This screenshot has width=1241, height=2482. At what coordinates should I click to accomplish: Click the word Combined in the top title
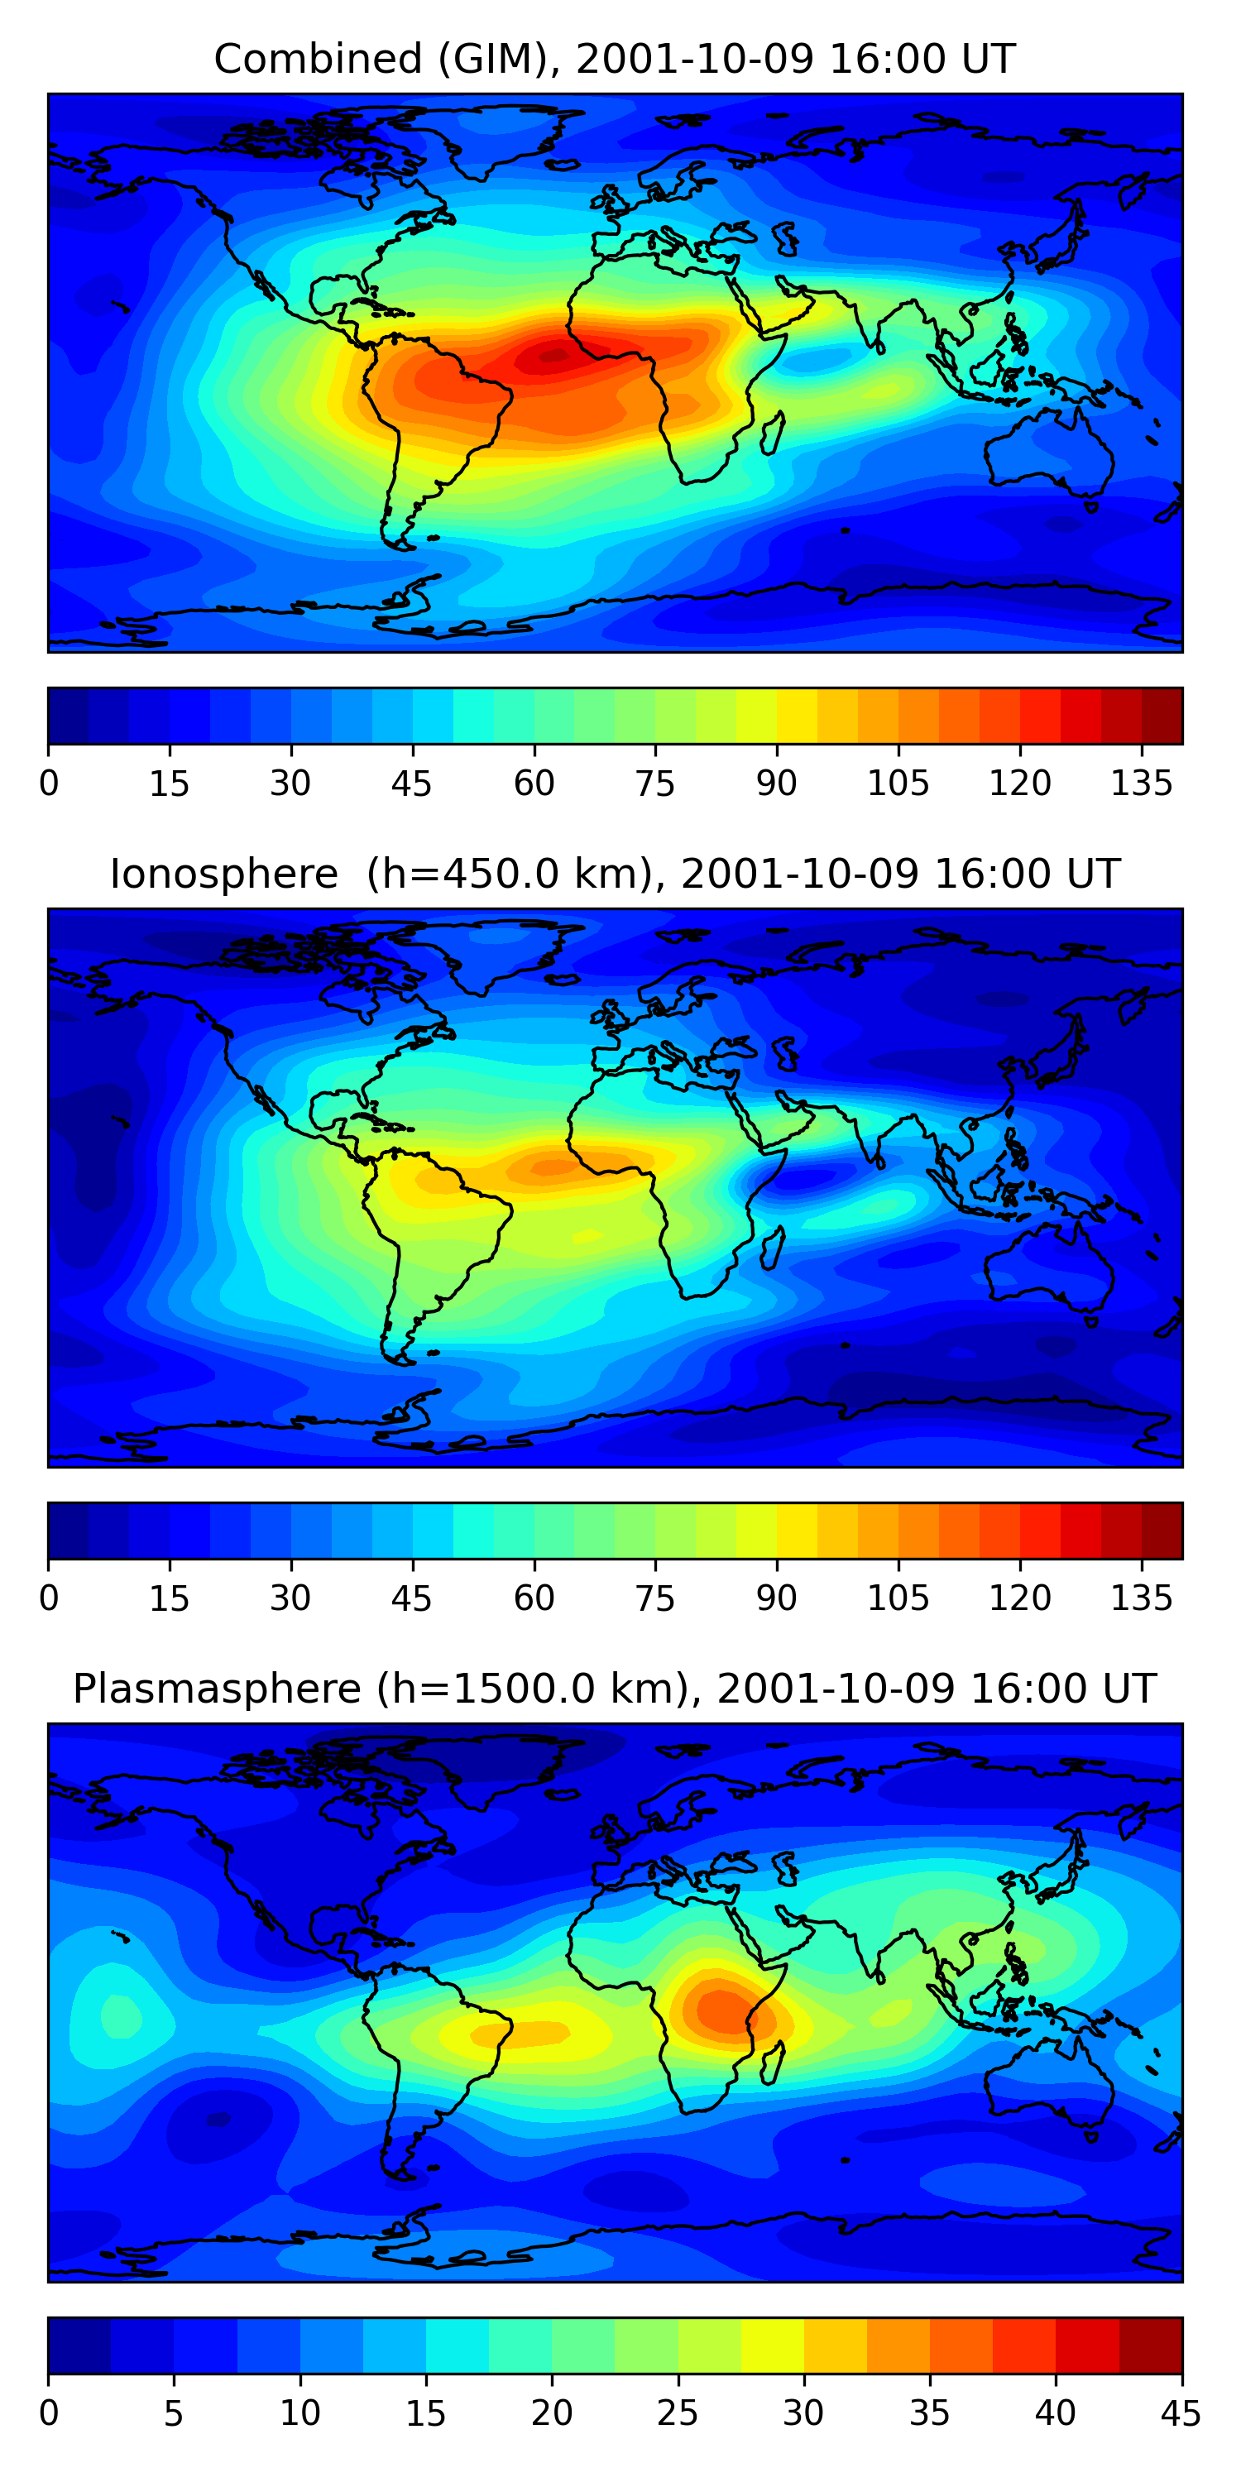317,60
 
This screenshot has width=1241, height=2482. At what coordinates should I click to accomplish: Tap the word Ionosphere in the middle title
223,874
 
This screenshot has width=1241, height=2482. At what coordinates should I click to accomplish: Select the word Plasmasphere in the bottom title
216,1689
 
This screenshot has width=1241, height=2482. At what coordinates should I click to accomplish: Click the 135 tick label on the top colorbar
1141,783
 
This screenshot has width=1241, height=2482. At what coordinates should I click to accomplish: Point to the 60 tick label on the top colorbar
534,783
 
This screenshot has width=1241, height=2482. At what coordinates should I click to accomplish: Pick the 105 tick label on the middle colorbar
898,1598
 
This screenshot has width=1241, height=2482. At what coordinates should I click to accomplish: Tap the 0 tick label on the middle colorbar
49,1598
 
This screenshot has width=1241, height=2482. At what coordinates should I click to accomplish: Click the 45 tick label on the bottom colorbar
1181,2413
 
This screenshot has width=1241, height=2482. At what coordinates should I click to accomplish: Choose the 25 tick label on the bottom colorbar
678,2413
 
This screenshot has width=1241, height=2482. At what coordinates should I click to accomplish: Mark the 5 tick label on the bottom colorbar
174,2413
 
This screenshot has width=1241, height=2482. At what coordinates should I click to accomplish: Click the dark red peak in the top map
554,356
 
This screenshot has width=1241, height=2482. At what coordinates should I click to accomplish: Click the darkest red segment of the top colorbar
1162,716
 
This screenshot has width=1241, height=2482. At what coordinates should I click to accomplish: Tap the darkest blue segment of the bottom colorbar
79,2345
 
